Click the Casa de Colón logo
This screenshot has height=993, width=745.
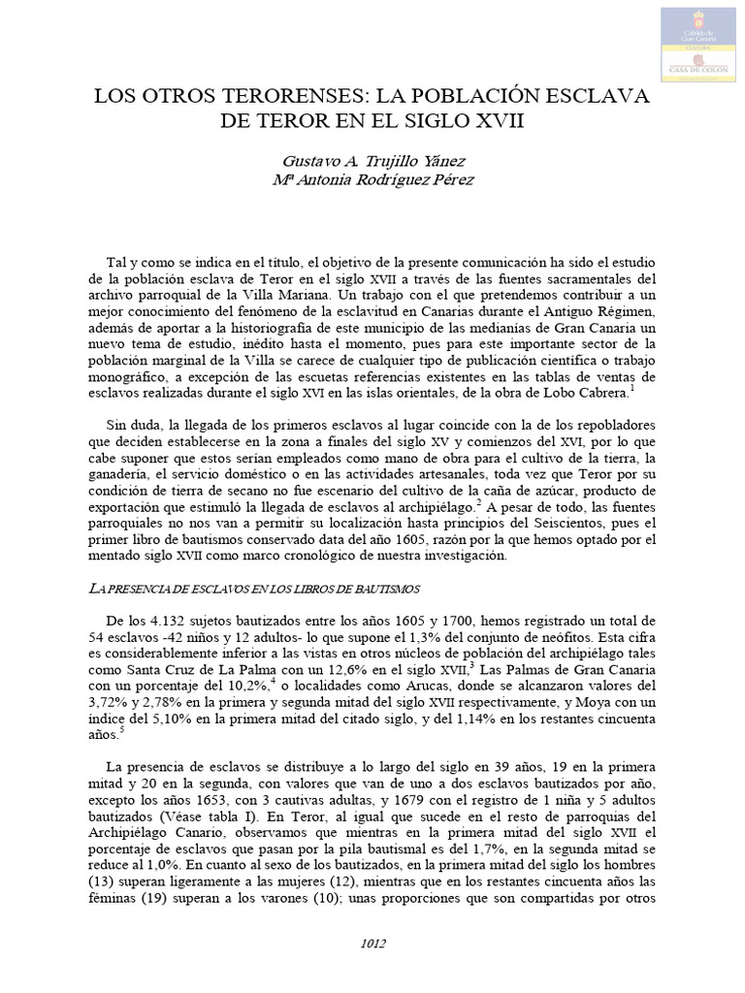[x=700, y=44]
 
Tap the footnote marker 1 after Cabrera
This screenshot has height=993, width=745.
[x=633, y=388]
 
